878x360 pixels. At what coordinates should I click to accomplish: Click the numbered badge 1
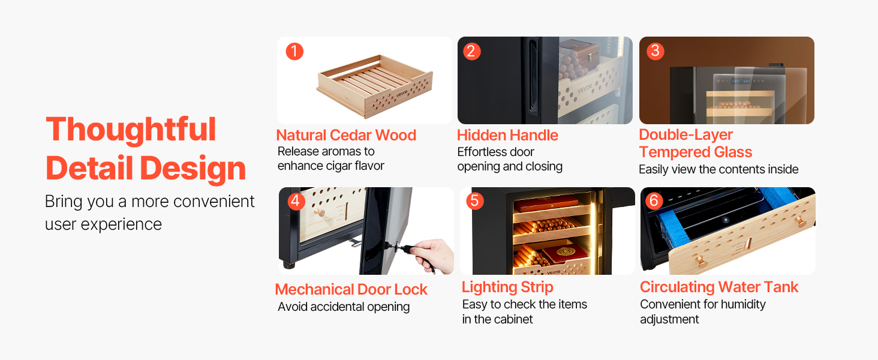[294, 52]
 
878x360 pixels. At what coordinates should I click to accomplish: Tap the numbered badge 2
[471, 51]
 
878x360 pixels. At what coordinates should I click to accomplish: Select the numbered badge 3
[655, 51]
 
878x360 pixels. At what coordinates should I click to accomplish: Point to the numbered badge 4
[296, 201]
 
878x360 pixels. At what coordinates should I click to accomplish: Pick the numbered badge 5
[474, 201]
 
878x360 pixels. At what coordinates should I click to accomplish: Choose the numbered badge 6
[654, 201]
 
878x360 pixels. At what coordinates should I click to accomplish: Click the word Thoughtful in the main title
[131, 130]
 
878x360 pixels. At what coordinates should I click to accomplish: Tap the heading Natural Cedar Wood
[346, 135]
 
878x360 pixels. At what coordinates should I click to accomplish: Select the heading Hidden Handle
[507, 135]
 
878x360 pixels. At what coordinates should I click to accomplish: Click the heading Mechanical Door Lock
[351, 289]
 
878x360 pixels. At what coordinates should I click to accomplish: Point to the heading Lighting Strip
[507, 287]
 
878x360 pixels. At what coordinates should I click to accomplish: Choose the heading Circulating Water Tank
[719, 287]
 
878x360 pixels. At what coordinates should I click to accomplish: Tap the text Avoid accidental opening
[344, 307]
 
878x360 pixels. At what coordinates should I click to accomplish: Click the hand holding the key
[433, 256]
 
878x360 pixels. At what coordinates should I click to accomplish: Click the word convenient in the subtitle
[214, 202]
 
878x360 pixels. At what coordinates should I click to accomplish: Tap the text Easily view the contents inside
[718, 169]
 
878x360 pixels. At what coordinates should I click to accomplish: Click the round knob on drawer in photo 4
[319, 212]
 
